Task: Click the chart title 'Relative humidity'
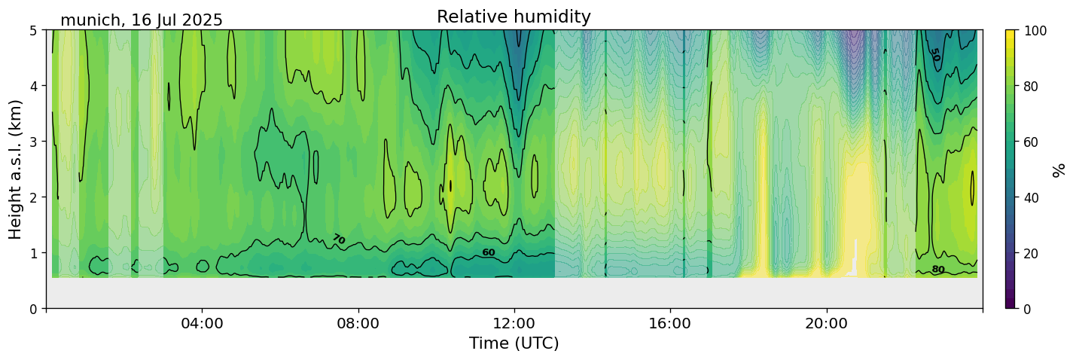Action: click(514, 17)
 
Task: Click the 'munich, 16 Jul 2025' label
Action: click(142, 20)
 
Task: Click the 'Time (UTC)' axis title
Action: click(514, 343)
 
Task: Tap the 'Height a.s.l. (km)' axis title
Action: click(17, 169)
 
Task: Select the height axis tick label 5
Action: click(33, 31)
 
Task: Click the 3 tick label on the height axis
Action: click(33, 142)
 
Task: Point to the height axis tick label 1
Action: click(33, 253)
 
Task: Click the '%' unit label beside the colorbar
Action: click(1060, 169)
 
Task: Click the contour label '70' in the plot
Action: click(338, 239)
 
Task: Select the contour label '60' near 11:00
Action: click(489, 252)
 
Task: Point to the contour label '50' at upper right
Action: click(934, 55)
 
